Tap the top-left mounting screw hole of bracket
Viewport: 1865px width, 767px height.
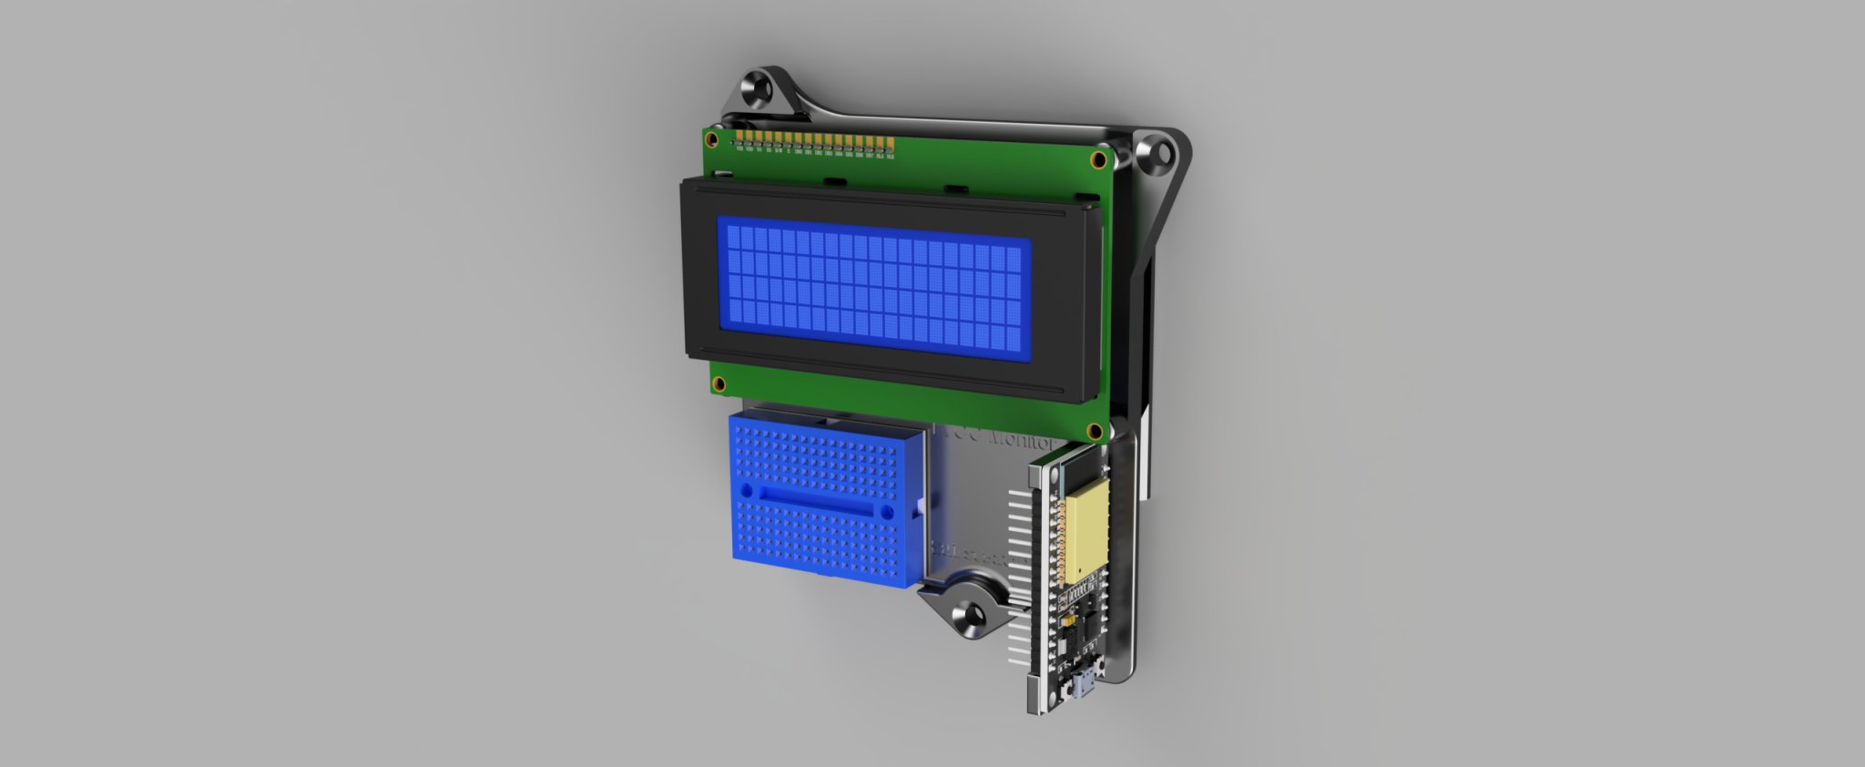[757, 89]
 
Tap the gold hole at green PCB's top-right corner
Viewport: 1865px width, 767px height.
[1099, 160]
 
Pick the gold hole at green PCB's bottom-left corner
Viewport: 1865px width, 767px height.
[718, 383]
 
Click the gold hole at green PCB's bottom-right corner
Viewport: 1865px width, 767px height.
[1094, 429]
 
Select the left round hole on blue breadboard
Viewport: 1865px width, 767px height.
[748, 490]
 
